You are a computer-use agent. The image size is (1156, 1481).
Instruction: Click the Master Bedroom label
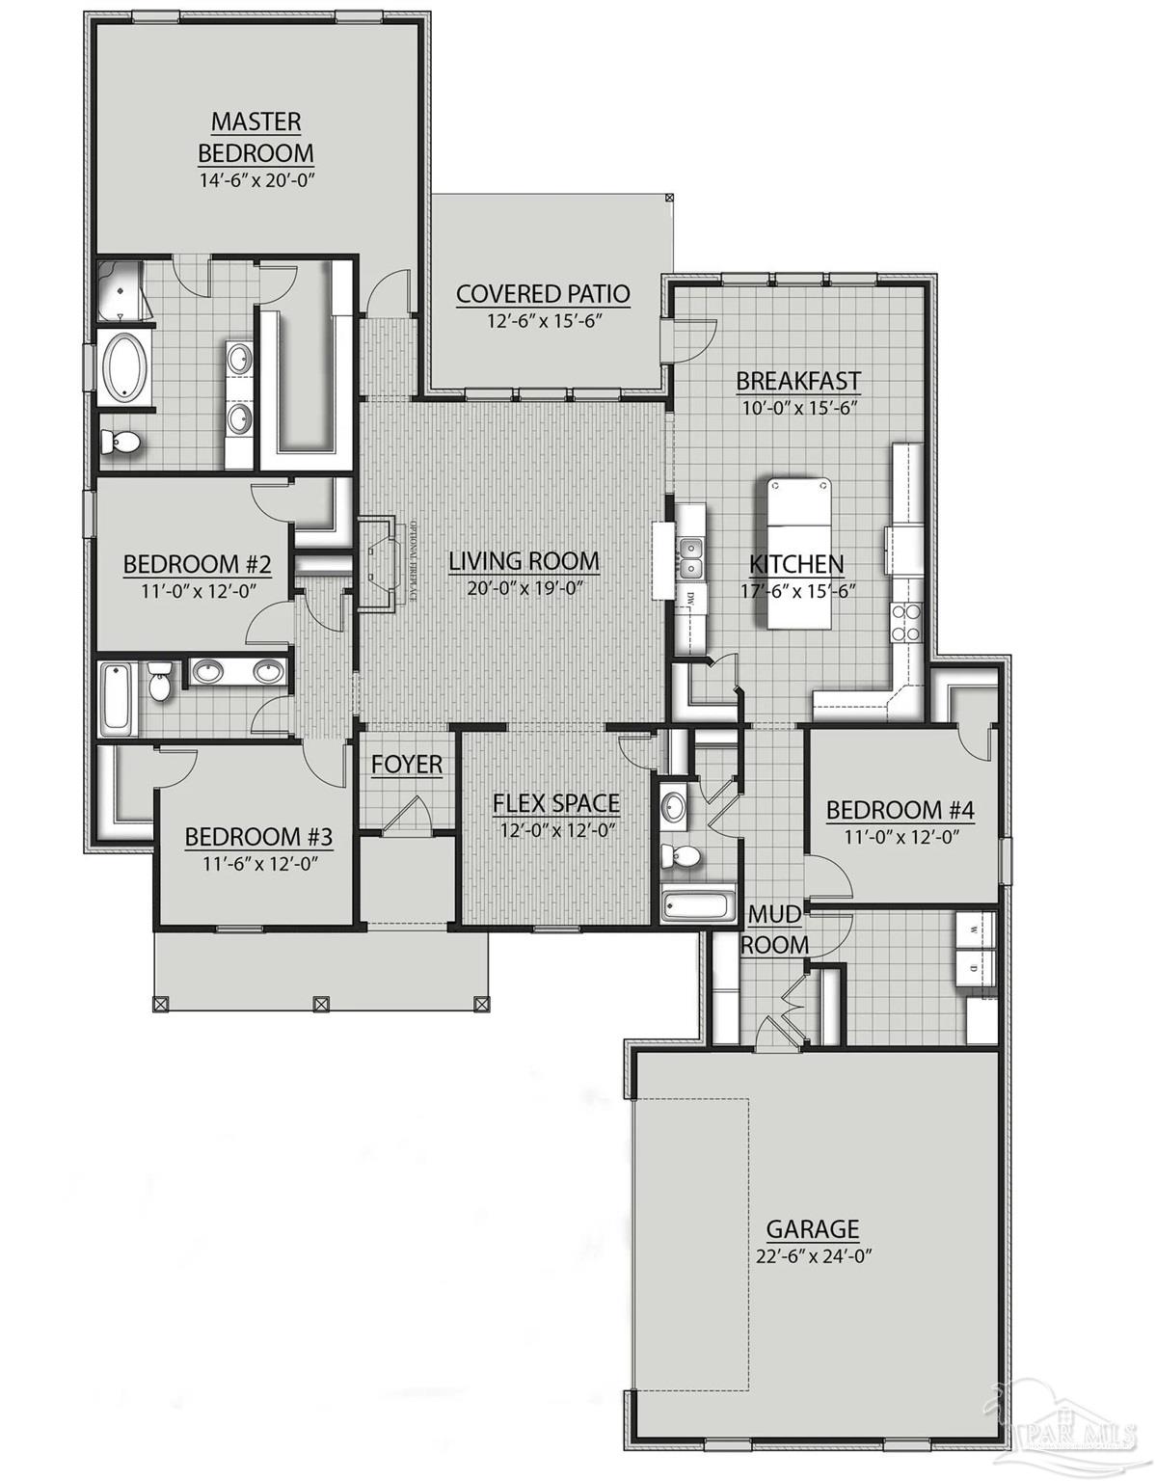pos(255,137)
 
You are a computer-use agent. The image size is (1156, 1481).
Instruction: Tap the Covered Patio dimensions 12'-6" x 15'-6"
pos(543,321)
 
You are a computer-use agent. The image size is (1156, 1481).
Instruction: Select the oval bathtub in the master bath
pos(122,367)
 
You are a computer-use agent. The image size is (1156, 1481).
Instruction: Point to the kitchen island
pos(799,552)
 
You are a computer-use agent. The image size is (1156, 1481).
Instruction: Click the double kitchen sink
pos(690,556)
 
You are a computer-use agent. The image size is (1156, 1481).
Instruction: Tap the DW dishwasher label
pos(690,599)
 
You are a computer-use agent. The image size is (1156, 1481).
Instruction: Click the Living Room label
pos(524,560)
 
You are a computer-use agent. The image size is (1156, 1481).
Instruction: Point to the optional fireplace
pos(379,562)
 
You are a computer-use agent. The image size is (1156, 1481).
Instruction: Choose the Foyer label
pos(407,765)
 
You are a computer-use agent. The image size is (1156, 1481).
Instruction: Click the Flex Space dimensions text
pos(557,829)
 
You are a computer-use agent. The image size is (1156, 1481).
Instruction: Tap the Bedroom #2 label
pos(197,564)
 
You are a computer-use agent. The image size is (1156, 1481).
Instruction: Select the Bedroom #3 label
pos(258,836)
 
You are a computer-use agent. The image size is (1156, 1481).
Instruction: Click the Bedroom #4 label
pos(901,810)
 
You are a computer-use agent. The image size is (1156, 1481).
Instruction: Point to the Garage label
pos(812,1228)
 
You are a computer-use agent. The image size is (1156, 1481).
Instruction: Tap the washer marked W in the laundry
pos(976,930)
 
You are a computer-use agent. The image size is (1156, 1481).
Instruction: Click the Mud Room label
pos(774,929)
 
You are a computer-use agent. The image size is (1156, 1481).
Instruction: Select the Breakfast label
pos(797,380)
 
